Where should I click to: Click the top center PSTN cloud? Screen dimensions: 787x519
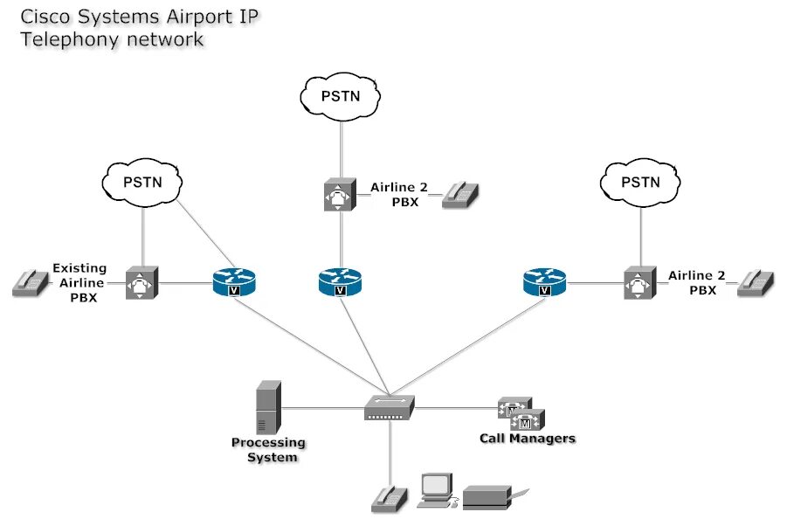pyautogui.click(x=341, y=97)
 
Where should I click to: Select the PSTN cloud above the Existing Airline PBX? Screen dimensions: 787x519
pyautogui.click(x=142, y=183)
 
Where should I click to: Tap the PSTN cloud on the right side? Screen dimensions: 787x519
pyautogui.click(x=640, y=183)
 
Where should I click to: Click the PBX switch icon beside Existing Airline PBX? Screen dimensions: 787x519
pyautogui.click(x=142, y=282)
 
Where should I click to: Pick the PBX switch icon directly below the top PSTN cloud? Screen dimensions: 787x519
pyautogui.click(x=341, y=195)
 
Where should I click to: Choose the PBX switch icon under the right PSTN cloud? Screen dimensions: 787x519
pyautogui.click(x=640, y=282)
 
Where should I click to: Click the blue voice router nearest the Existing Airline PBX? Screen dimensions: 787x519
pyautogui.click(x=234, y=282)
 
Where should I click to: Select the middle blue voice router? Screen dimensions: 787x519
pyautogui.click(x=340, y=282)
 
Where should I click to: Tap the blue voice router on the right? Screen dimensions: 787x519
pyautogui.click(x=544, y=282)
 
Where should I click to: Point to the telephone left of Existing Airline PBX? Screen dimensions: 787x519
pyautogui.click(x=31, y=283)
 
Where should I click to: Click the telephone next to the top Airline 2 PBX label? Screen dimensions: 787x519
pyautogui.click(x=460, y=195)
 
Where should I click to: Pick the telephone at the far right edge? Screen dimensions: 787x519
pyautogui.click(x=756, y=283)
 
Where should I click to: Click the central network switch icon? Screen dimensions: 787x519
pyautogui.click(x=390, y=407)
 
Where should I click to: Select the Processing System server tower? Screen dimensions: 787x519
pyautogui.click(x=268, y=407)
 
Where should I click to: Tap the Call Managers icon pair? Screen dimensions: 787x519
pyautogui.click(x=521, y=414)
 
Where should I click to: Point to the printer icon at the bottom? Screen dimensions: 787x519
pyautogui.click(x=495, y=497)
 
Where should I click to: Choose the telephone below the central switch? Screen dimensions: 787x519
pyautogui.click(x=390, y=499)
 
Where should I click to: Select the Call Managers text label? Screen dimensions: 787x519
pyautogui.click(x=528, y=439)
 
